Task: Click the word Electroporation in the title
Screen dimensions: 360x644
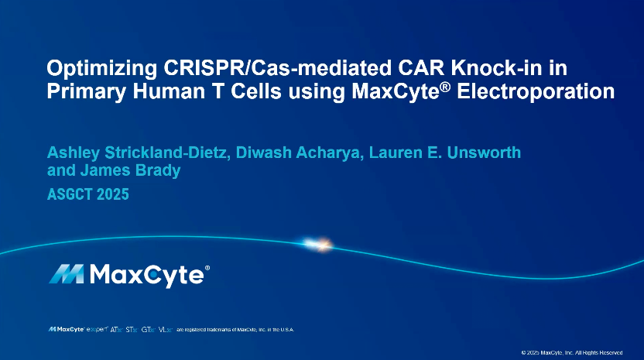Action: point(537,91)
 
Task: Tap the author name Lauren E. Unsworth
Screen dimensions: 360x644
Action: point(450,153)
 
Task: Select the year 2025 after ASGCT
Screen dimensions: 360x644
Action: point(113,194)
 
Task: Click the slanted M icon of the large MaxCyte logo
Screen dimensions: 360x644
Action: point(67,274)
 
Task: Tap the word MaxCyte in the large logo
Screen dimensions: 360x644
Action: point(147,275)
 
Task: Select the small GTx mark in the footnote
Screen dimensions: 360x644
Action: point(148,329)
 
